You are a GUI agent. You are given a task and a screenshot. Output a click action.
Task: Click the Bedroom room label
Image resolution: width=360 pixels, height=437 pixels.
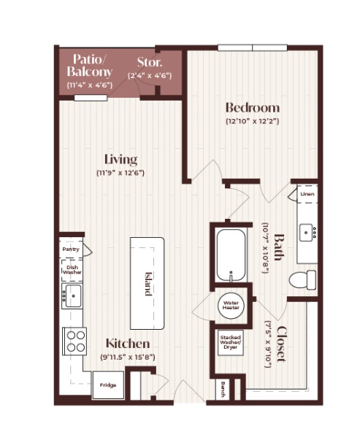pos(253,107)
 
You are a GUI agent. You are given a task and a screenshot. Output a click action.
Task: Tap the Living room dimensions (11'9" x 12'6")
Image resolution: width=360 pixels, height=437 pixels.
pos(120,173)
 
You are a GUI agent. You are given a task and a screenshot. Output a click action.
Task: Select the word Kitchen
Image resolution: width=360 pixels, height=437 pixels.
pos(128,344)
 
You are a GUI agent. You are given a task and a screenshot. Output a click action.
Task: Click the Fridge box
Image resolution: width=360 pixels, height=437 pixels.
pos(108,385)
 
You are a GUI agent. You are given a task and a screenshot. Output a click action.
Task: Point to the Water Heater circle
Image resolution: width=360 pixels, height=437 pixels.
pos(231,305)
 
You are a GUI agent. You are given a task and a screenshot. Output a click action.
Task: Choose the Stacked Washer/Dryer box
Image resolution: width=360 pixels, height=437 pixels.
pos(230,342)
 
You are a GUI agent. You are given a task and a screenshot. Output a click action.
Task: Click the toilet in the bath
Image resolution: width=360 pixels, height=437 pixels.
pos(302,279)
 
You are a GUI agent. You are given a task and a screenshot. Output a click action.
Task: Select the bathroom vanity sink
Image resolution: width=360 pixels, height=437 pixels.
pos(306,233)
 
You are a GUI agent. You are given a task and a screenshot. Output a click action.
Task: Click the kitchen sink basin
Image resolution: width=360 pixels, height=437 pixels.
pos(74,295)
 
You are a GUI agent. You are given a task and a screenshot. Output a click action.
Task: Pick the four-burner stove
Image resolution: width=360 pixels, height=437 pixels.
pos(74,341)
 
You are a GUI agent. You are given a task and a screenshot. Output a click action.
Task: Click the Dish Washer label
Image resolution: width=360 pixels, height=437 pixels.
pos(72,270)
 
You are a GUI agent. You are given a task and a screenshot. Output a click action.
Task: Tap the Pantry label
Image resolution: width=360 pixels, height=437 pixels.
pos(71,250)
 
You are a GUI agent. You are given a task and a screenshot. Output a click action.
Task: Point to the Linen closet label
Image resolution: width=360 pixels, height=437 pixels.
pos(307,194)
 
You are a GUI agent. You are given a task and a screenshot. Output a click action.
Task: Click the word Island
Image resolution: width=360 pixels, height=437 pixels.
pos(148,284)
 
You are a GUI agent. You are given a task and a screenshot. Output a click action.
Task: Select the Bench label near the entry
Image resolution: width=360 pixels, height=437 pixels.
pos(223,389)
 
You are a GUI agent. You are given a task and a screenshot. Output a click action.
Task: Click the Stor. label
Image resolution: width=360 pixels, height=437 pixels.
pos(150,63)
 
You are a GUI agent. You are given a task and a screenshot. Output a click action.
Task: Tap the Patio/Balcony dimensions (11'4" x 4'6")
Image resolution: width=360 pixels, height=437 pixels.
pos(90,85)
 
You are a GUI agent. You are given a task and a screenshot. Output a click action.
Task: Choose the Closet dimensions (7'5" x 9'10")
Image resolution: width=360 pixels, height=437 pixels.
pos(268,344)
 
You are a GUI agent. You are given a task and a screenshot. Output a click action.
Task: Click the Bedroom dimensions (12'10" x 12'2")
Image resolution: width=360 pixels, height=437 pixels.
pos(253,121)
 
